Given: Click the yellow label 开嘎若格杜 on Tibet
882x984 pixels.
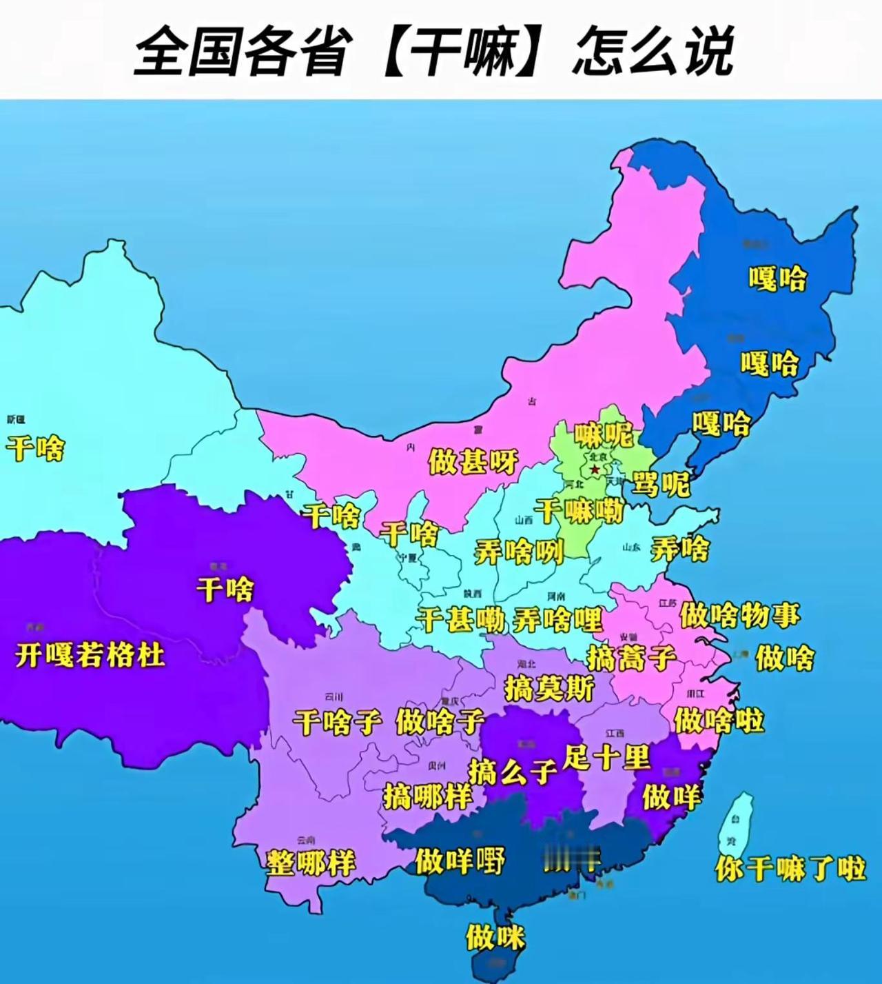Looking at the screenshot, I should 90,654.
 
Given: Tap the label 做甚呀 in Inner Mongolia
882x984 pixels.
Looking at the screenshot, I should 473,461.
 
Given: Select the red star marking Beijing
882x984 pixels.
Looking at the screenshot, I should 595,470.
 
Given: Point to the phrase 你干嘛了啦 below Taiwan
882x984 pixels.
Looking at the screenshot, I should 790,867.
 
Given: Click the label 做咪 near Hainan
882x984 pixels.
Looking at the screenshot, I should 495,937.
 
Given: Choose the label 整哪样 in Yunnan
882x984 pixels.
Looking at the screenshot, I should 311,862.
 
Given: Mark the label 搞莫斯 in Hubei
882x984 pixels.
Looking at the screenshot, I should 549,687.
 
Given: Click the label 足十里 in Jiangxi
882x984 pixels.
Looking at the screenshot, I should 606,757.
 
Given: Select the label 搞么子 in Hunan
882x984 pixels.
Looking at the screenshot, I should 513,771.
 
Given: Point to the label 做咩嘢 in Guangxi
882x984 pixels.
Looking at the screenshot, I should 460,861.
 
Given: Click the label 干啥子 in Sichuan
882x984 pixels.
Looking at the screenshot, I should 337,722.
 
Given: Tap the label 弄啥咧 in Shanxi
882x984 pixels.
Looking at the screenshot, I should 518,552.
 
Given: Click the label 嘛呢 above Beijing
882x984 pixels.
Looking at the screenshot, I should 604,434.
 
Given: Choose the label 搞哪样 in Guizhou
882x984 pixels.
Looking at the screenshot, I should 427,796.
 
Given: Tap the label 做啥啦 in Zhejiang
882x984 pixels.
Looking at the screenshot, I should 719,721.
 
